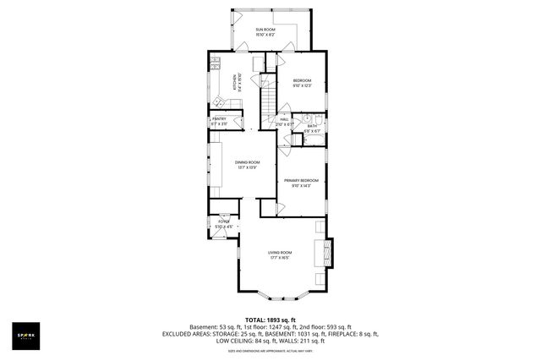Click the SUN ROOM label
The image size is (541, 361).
point(266,30)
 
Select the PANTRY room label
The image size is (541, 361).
point(219,119)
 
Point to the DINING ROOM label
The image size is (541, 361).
point(248,161)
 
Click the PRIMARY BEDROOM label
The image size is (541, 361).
point(301,181)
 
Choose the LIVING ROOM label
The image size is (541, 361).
point(280,253)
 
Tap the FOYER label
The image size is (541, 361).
point(223,222)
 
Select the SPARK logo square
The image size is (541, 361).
point(25,334)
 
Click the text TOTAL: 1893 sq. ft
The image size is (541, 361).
point(270,319)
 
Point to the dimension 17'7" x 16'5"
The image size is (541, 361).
point(280,258)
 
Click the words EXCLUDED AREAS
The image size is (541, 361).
point(189,334)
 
